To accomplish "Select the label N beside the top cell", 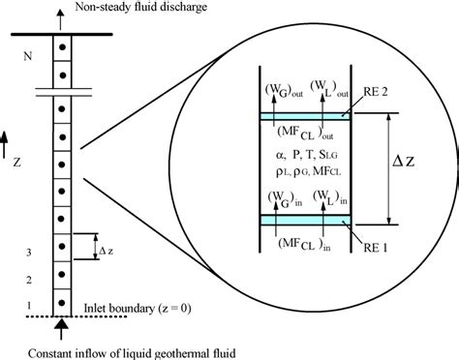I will click(x=26, y=56).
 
